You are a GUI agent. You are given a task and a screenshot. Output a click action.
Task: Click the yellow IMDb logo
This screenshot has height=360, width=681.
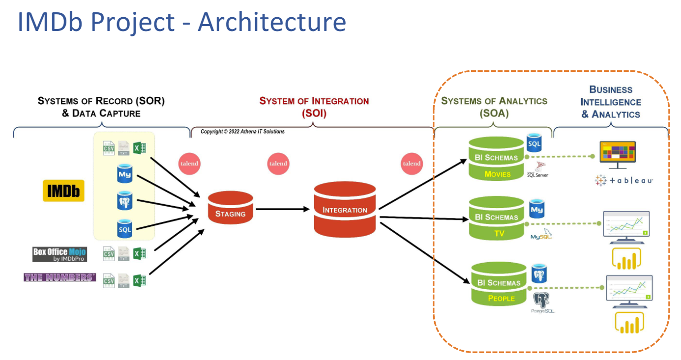(63, 190)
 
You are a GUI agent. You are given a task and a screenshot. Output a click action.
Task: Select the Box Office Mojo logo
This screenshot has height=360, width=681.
(59, 254)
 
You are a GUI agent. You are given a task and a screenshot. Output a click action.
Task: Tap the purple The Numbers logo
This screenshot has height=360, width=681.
(59, 277)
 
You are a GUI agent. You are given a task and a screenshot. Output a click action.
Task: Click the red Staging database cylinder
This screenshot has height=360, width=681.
(230, 209)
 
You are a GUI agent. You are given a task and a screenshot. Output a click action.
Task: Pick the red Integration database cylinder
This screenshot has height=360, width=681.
(345, 209)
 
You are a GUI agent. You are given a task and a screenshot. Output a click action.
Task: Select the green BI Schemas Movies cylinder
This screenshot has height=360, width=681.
(497, 159)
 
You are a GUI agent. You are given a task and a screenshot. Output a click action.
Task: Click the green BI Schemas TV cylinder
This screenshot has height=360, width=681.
(497, 218)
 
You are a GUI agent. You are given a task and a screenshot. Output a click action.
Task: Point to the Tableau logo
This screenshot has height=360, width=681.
(623, 180)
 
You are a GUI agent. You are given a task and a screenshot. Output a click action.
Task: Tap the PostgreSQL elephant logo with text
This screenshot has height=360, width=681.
(542, 303)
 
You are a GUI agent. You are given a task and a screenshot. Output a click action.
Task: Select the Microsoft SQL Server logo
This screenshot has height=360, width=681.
(537, 170)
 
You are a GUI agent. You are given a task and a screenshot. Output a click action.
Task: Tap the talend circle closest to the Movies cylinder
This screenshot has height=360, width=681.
(412, 164)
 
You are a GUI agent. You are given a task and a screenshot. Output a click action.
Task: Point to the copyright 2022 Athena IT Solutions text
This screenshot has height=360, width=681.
(242, 132)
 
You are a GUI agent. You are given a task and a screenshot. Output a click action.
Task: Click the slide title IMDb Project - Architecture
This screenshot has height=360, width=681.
(181, 22)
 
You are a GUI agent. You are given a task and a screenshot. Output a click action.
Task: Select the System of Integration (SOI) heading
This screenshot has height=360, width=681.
(314, 107)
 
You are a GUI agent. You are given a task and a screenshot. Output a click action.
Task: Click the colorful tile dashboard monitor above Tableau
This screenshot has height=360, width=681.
(618, 154)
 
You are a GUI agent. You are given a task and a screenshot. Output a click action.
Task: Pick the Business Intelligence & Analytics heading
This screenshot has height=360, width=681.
(611, 102)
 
